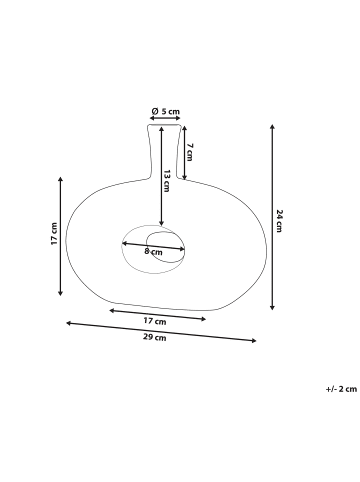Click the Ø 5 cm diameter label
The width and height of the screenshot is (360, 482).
(x=165, y=111)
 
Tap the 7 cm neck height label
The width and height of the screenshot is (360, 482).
(x=189, y=152)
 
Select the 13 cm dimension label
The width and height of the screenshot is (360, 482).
(x=167, y=181)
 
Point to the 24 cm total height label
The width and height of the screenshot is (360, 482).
(x=279, y=221)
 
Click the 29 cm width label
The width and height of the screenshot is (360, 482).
(x=155, y=337)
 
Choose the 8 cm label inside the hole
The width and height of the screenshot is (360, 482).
(x=153, y=251)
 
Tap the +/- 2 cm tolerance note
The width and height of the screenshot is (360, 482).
(x=341, y=389)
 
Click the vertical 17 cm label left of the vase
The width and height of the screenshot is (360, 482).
(x=54, y=234)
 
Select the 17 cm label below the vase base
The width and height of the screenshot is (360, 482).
(x=155, y=321)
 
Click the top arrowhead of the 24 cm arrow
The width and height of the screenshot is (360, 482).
(x=272, y=126)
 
